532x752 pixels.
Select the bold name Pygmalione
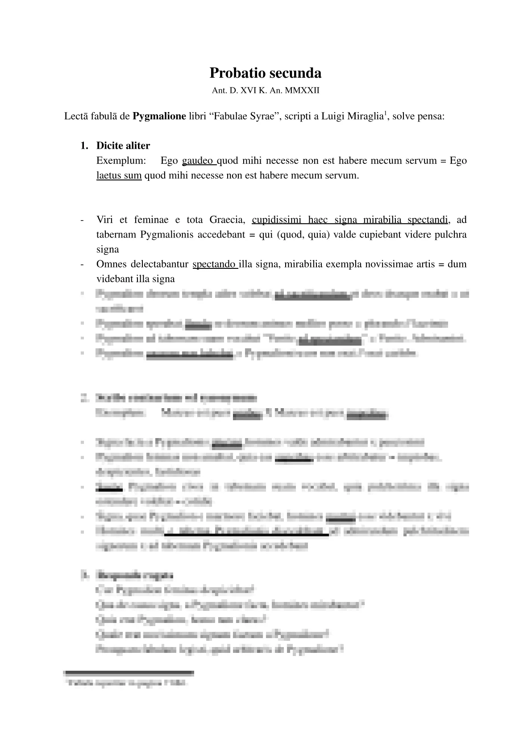[x=159, y=117]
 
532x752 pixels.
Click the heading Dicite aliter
[x=123, y=146]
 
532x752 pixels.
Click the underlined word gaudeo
[x=199, y=160]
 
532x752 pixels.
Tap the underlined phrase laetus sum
[x=119, y=175]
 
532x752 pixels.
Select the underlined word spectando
[x=215, y=264]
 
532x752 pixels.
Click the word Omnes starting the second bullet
[x=111, y=264]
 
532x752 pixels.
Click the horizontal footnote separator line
[x=129, y=672]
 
